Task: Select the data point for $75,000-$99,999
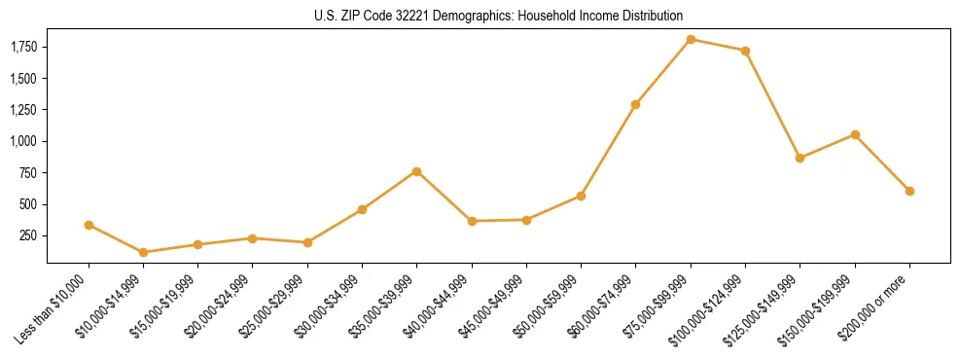pos(691,40)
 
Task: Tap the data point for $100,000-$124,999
pos(745,51)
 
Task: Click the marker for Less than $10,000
pos(89,225)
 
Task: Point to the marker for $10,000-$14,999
pos(144,252)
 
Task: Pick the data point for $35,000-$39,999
pos(417,171)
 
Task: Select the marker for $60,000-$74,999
pos(636,104)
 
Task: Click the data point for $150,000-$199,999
pos(855,134)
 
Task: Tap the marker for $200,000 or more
pos(909,191)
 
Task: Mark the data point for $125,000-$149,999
pos(800,158)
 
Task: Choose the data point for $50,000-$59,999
pos(581,196)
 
